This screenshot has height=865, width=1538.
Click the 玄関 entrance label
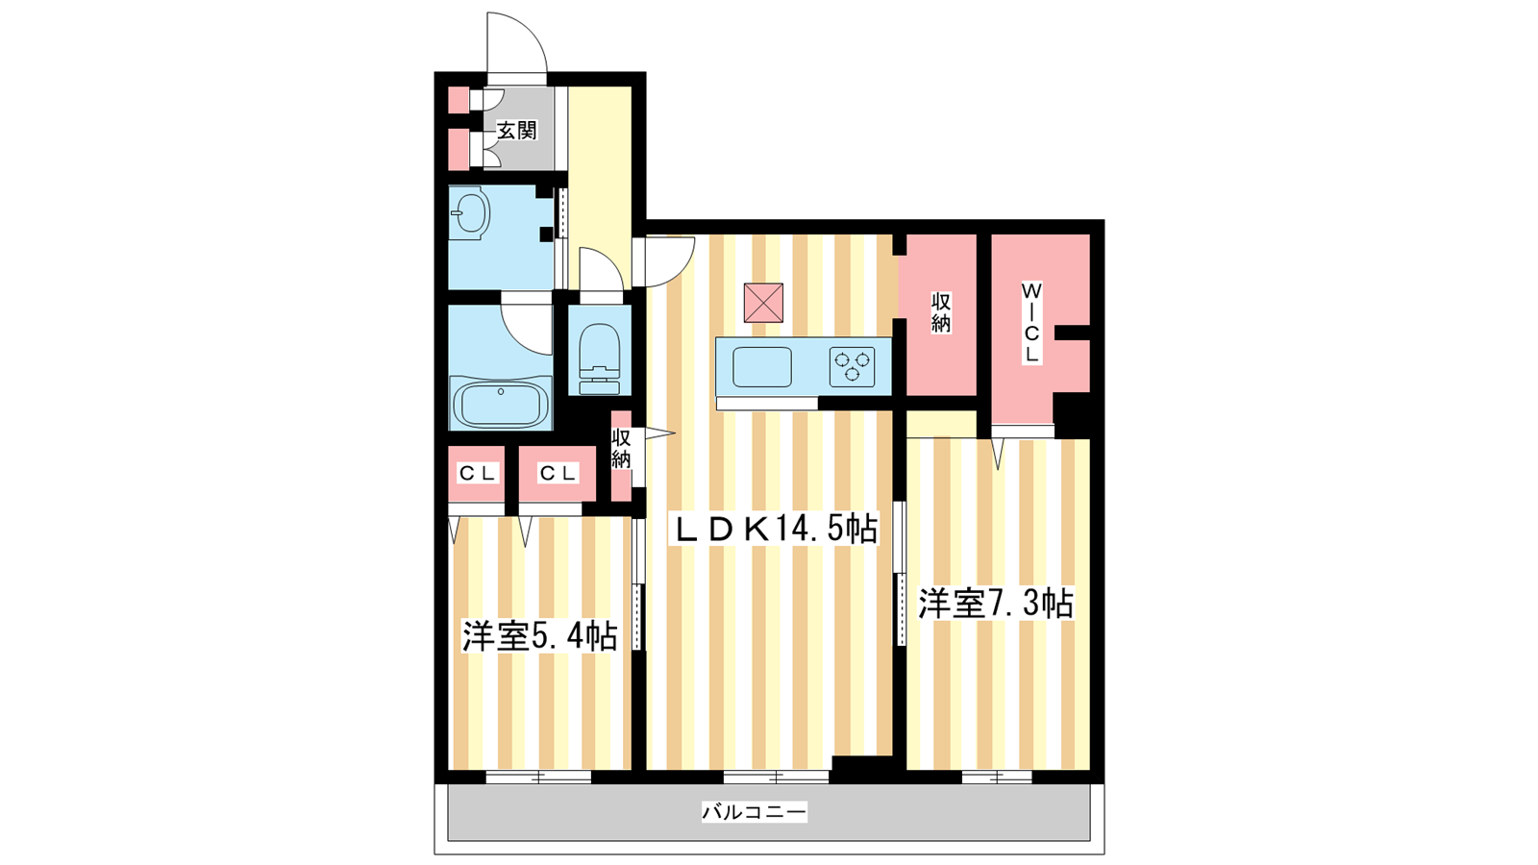pos(516,130)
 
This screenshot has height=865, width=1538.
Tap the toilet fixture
pos(600,358)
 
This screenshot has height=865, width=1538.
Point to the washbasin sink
pos(470,212)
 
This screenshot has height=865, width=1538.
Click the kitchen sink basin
pos(762,366)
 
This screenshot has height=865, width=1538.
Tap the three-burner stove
pos(852,366)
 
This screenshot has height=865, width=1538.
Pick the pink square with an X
pos(763,303)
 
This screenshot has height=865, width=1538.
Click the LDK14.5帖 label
pos(776,530)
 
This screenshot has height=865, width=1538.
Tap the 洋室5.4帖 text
pos(539,635)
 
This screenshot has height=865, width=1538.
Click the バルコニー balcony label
pos(754,812)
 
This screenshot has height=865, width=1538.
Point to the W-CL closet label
pos(1031,323)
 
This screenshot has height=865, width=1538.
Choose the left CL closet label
pos(477,473)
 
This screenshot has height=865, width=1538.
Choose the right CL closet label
pos(558,473)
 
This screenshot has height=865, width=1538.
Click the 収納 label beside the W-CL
pos(941,313)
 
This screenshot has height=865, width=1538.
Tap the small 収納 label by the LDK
pos(621,449)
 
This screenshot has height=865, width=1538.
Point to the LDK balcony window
pos(777,778)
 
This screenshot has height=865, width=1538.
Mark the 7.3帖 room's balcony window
pos(997,778)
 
